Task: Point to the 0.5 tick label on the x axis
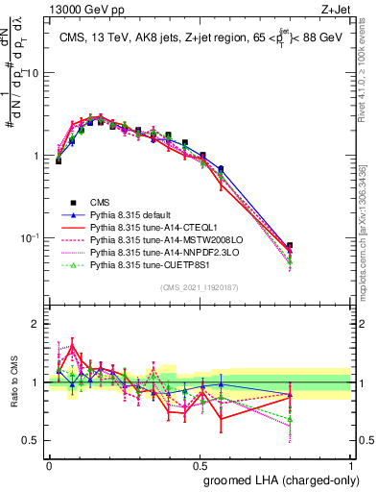coord(200,462)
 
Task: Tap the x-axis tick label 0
coord(49,462)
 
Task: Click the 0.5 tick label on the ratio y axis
coord(32,441)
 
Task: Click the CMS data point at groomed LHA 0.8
coord(290,246)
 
